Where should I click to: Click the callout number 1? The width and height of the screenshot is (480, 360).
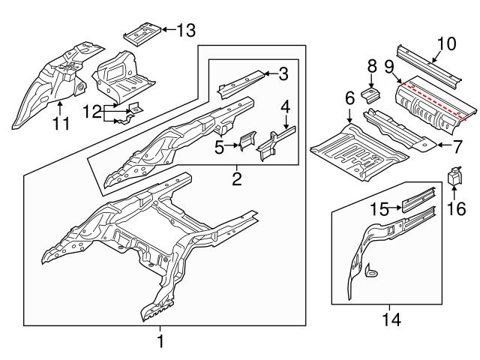tap(159, 342)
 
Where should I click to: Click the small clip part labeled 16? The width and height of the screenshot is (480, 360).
tap(454, 177)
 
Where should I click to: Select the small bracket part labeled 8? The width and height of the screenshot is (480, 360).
tap(370, 95)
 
